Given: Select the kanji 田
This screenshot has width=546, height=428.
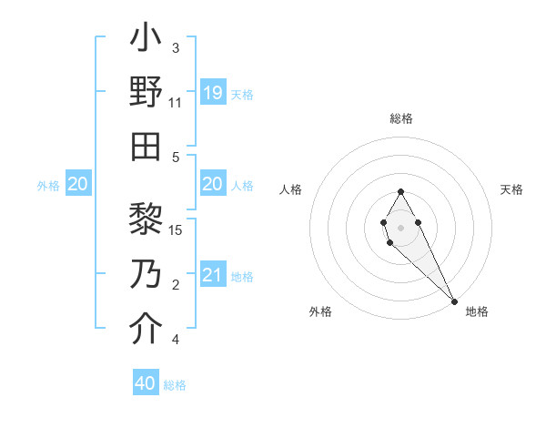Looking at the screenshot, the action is click(x=146, y=147).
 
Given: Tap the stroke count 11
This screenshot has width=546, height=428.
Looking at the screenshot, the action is click(x=176, y=103).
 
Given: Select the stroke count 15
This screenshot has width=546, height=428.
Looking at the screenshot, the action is click(x=177, y=229).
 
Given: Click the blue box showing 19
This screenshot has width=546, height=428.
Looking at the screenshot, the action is click(x=212, y=92).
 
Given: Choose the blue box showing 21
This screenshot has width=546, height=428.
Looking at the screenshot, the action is click(x=212, y=274).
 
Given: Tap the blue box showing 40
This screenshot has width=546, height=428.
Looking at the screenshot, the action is click(x=146, y=383).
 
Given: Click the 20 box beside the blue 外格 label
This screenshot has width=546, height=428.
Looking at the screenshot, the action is click(x=77, y=184).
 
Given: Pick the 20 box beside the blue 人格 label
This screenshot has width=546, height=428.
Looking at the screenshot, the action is click(x=212, y=184).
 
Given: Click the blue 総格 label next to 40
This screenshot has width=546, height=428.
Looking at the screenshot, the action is click(x=175, y=385).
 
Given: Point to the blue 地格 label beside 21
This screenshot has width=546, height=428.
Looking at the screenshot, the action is click(x=242, y=276).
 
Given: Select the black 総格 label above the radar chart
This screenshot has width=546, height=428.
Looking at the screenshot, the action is click(x=400, y=118).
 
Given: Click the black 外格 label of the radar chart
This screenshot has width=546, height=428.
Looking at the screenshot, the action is click(x=320, y=311).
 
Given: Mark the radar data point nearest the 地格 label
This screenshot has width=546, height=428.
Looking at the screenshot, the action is click(x=454, y=301).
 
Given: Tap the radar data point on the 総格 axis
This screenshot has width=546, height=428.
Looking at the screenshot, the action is click(x=400, y=191).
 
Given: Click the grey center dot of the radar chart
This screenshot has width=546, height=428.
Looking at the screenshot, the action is click(x=400, y=226).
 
